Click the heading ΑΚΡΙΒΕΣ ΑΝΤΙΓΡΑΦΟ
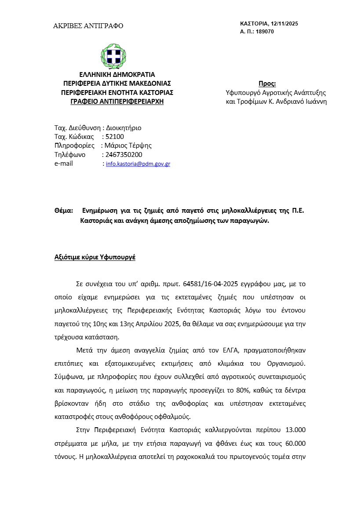88,26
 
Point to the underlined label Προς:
267,84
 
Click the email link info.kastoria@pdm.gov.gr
138,164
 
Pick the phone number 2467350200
124,155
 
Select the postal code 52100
115,137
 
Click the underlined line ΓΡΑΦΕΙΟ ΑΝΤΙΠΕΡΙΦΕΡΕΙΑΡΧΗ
117,102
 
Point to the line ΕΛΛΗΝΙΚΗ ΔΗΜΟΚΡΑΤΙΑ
117,75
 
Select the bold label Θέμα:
63,211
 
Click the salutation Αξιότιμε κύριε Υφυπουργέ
95,257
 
